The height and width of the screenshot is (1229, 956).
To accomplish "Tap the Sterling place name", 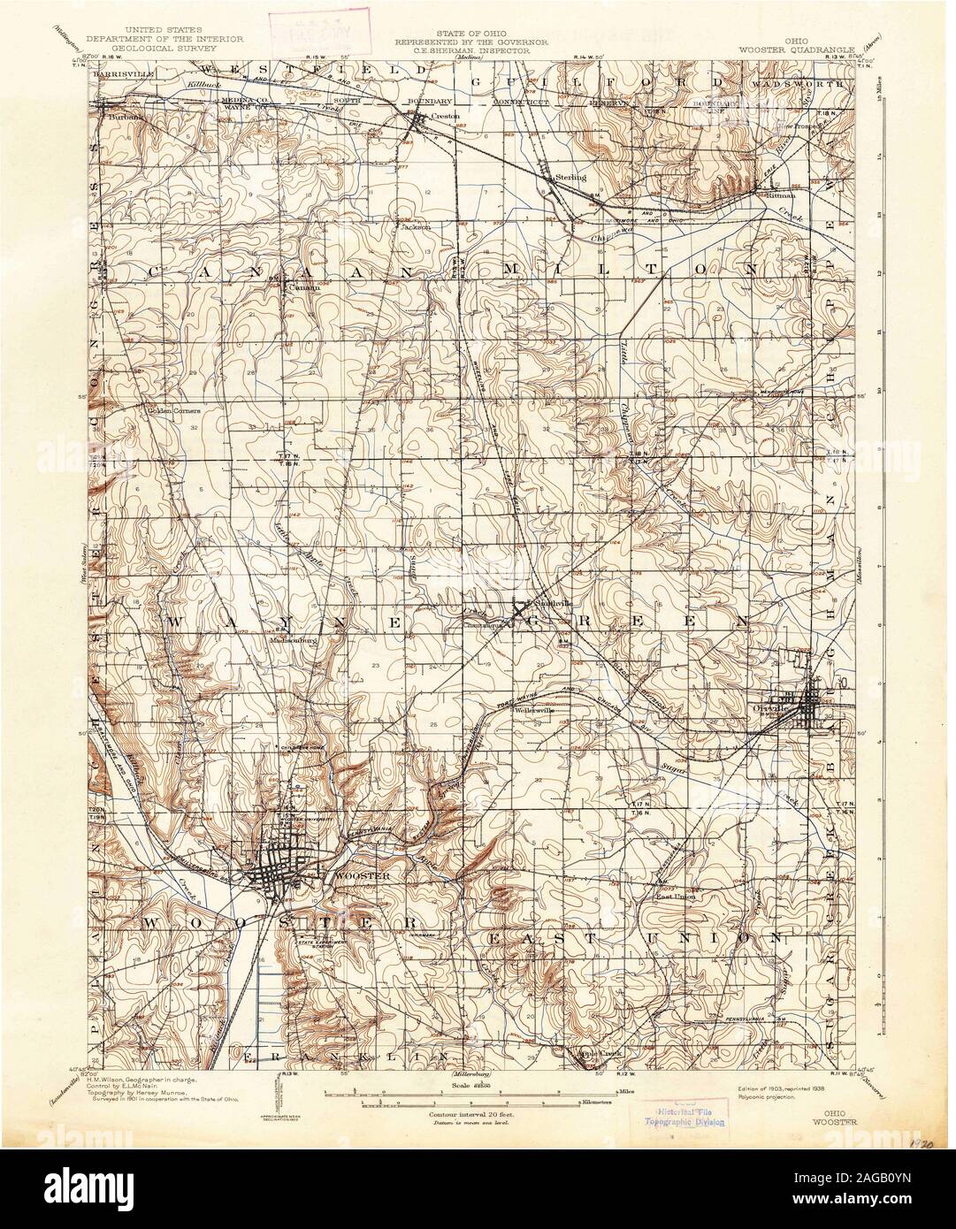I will point(570,178).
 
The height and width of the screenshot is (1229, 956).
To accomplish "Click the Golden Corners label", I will point(174,410).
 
